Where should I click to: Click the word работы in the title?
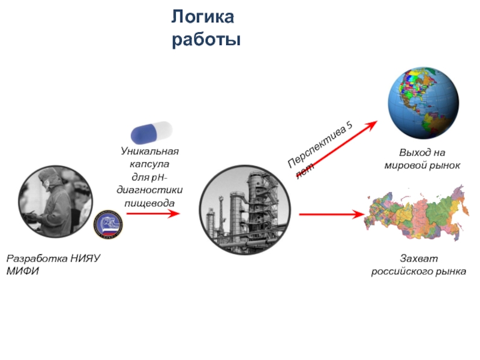pos(206,40)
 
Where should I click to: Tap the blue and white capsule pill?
pos(152,132)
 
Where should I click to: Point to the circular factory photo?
pos(244,208)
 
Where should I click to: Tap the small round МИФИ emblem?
pos(109,224)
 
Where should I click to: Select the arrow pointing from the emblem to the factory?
pos(153,214)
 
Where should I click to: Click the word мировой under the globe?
pos(406,164)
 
